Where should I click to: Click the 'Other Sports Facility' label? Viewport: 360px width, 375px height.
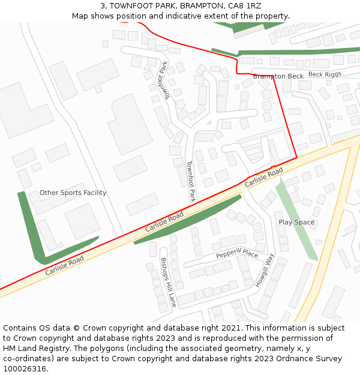point(73,193)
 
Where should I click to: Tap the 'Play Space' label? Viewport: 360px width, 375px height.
point(296,222)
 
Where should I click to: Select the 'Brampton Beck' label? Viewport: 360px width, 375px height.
point(278,76)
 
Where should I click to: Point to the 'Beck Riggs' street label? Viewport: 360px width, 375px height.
point(325,74)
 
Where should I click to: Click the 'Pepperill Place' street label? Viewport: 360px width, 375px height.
point(237,254)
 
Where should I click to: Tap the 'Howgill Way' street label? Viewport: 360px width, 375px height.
point(265,270)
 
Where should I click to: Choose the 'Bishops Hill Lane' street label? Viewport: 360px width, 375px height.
point(168,283)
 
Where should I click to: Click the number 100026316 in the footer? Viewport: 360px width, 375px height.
point(24,369)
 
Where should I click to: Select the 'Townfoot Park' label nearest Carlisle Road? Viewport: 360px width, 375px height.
point(191,181)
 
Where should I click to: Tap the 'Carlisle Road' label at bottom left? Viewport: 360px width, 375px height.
point(64,266)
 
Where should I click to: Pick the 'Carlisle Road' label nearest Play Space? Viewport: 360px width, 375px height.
point(263,176)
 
